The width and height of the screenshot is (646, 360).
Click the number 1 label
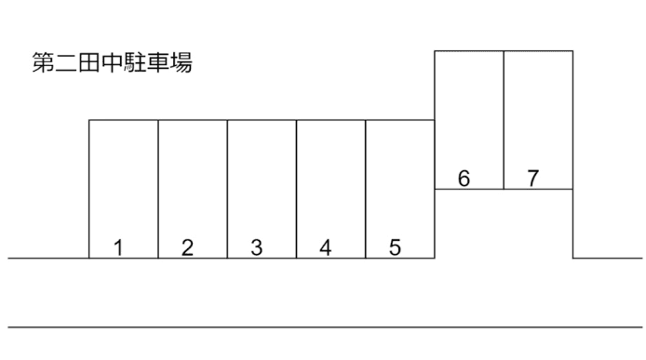point(119,247)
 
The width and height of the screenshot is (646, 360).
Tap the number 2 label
point(188,247)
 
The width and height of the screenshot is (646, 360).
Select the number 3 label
point(257,247)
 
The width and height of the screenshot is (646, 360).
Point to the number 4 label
point(326,247)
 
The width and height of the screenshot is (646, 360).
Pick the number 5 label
point(395,247)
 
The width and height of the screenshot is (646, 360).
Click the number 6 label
point(464,179)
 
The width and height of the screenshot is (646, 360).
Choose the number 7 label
point(532,179)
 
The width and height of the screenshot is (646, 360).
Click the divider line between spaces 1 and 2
point(158,186)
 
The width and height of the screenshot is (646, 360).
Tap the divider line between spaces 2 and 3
point(227,186)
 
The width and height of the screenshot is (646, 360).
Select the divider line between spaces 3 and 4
point(296,186)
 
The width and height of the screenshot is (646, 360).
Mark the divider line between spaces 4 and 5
point(366,186)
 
